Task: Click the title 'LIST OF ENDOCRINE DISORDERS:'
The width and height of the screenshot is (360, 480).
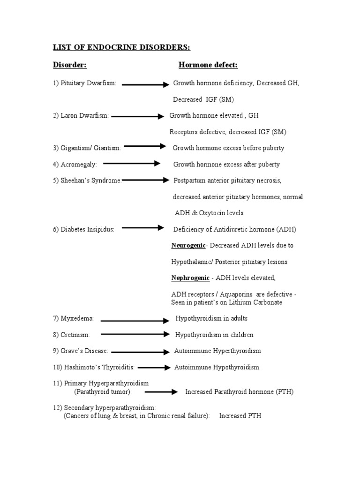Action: point(121,47)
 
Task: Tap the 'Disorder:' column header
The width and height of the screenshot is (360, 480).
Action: point(69,65)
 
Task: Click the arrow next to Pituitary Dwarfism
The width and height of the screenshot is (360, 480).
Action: point(145,85)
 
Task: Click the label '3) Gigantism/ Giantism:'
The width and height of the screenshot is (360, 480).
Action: point(87,148)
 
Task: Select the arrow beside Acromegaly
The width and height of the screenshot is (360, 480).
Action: point(132,164)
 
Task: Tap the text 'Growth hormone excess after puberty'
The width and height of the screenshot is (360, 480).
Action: point(226,165)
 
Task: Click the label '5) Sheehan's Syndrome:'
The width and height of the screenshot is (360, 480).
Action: point(87,180)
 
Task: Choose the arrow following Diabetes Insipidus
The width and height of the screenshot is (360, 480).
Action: point(143,228)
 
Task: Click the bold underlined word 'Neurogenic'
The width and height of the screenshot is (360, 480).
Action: point(188,246)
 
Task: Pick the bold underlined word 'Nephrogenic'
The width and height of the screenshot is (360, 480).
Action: point(190,278)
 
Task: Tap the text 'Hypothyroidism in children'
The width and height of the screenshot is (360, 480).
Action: point(214,335)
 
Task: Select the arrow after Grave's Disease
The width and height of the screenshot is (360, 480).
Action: point(140,352)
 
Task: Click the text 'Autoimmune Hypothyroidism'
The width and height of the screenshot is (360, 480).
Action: point(217,367)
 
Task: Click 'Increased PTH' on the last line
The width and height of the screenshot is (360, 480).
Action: point(240,416)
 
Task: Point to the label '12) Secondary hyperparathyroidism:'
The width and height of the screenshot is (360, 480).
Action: point(104,408)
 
